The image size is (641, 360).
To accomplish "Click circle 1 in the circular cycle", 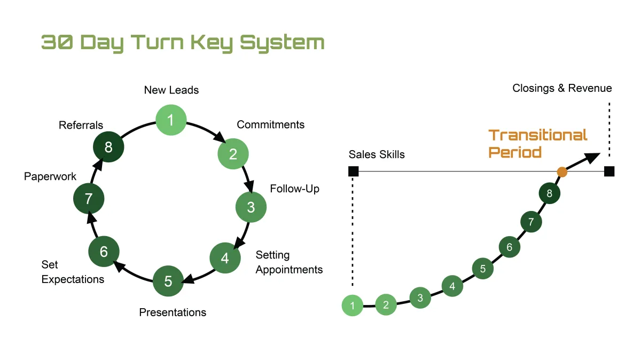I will (171, 120).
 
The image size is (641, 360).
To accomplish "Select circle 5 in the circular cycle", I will (168, 281).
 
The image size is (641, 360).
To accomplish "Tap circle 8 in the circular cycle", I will (108, 147).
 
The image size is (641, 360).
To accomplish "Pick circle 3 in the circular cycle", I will (251, 207).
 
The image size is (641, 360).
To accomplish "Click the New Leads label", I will (171, 90).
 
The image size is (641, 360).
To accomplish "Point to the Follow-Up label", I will (294, 189).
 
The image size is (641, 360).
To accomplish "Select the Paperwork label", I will (50, 176).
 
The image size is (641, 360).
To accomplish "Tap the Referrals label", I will (81, 126).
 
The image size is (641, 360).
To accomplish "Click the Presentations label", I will (173, 312).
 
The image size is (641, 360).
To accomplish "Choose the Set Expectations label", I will (73, 272).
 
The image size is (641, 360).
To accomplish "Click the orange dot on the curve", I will (562, 171).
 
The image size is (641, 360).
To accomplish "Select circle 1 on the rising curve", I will (353, 306).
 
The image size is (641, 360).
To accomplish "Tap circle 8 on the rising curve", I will (549, 193).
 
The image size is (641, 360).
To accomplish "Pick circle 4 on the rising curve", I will (452, 286).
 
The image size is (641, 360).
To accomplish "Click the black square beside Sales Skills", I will (353, 171).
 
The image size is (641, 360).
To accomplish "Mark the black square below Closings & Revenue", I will (609, 171).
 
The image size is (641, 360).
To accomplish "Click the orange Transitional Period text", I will (538, 143).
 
